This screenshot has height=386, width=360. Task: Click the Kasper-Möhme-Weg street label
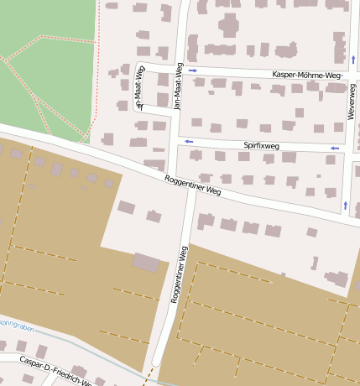coord(307,76)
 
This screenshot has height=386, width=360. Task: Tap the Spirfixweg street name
coord(261,145)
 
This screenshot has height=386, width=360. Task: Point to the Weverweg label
coord(352,100)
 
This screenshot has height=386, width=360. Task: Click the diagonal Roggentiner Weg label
coord(193,185)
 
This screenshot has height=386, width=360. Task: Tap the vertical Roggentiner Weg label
coord(179,274)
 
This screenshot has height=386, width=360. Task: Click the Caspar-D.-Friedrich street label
coord(55,373)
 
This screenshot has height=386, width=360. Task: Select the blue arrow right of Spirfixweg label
coord(334,148)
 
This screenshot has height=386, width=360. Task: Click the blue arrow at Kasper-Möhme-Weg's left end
coord(192,70)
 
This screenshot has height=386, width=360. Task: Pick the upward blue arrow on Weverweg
coord(345,204)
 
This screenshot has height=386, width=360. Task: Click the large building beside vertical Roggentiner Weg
coord(146,263)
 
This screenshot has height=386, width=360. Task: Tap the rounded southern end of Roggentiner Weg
coord(156,362)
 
